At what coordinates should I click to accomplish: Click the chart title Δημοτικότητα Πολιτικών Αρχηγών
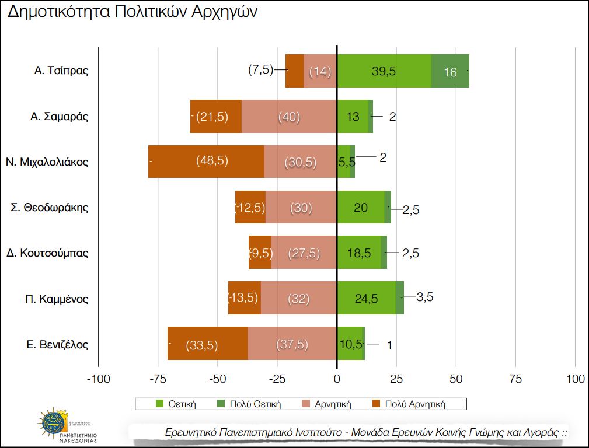click(x=132, y=13)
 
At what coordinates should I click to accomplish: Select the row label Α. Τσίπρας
click(x=61, y=71)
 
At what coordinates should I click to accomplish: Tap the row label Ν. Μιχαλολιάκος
click(x=47, y=162)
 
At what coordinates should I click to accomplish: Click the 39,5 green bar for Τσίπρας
click(x=384, y=71)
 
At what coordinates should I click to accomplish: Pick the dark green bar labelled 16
click(x=450, y=71)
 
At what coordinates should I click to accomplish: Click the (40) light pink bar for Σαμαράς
click(x=289, y=116)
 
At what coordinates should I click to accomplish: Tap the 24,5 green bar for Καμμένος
click(x=366, y=298)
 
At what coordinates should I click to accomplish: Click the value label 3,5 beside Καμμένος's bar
click(x=424, y=297)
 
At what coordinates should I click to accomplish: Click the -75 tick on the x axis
click(x=158, y=379)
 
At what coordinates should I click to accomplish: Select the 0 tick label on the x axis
click(x=337, y=379)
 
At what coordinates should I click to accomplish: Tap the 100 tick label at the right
click(x=576, y=379)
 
